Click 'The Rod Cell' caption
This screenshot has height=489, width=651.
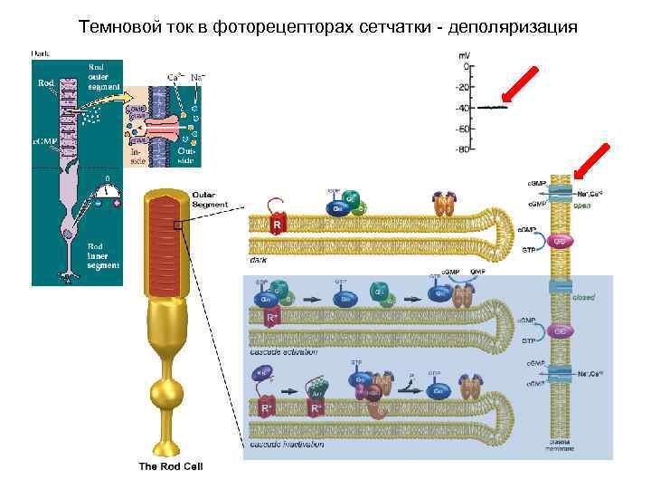(171, 467)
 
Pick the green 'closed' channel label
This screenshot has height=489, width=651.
(583, 296)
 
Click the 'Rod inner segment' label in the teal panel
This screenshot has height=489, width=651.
(102, 256)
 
